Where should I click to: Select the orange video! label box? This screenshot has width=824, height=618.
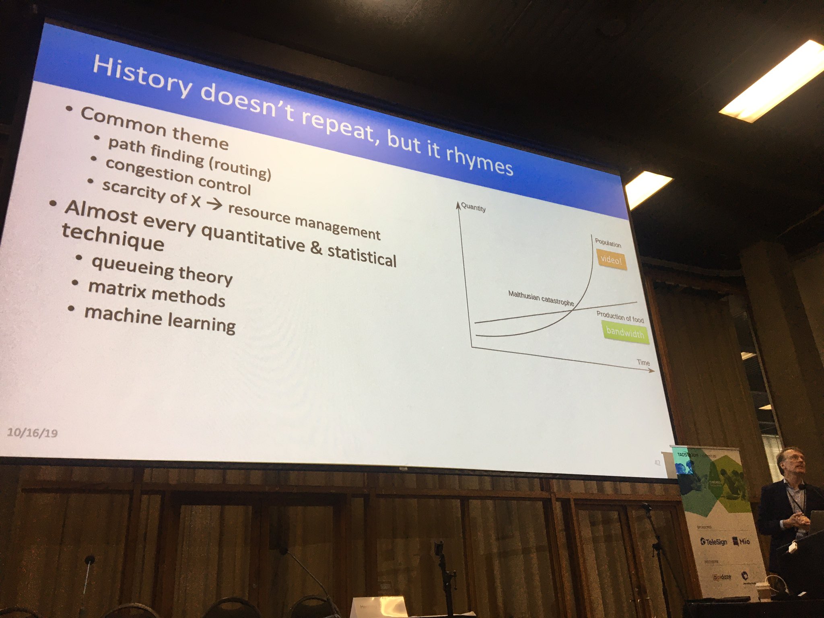611,260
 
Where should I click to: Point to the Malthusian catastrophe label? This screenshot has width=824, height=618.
541,298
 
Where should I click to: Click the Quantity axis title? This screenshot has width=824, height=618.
473,208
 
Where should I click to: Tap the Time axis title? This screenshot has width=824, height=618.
643,363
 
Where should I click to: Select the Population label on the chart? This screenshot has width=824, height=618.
608,243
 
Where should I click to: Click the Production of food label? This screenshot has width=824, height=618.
620,317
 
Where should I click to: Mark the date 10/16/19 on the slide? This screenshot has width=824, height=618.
32,433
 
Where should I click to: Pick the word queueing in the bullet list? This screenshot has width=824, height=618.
133,267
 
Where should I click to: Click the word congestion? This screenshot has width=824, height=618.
149,171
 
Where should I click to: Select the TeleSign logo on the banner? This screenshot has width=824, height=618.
713,542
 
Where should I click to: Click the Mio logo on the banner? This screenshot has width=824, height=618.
741,541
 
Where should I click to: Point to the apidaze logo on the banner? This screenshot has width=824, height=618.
722,577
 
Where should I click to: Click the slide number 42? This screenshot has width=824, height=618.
657,463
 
